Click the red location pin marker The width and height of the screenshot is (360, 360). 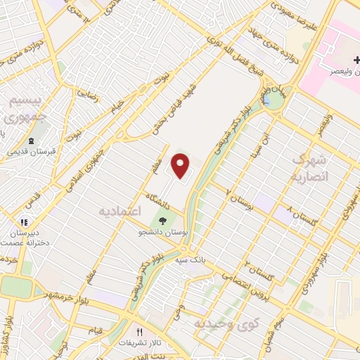click(x=181, y=165)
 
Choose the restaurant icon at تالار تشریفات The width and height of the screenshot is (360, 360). click(x=139, y=332)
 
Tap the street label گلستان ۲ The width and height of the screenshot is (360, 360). click(x=258, y=269)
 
